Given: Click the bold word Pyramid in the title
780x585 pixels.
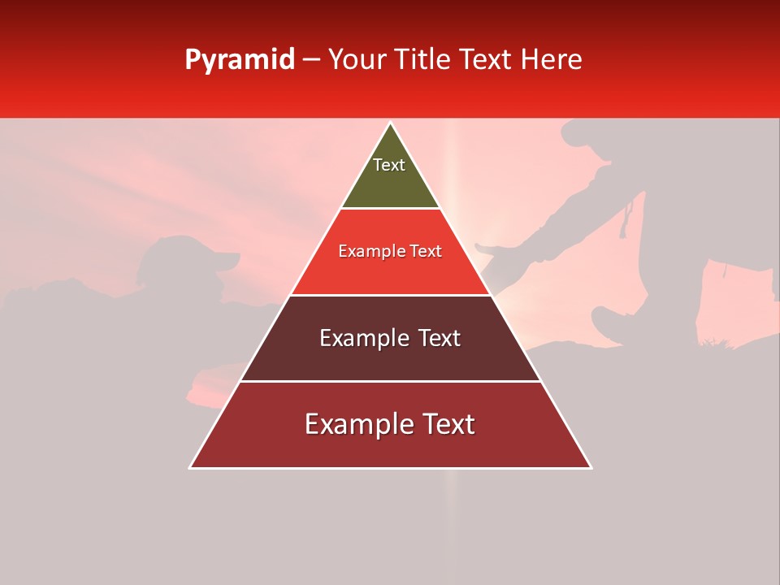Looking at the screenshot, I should click(x=239, y=60).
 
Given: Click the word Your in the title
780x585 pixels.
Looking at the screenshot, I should click(x=358, y=60).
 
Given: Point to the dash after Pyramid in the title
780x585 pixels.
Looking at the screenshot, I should click(x=311, y=60).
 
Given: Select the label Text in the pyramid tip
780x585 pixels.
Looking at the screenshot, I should click(x=389, y=165).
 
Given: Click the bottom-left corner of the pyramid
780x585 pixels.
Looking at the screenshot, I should click(x=191, y=467).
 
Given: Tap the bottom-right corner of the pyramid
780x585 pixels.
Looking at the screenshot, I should click(x=591, y=467).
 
